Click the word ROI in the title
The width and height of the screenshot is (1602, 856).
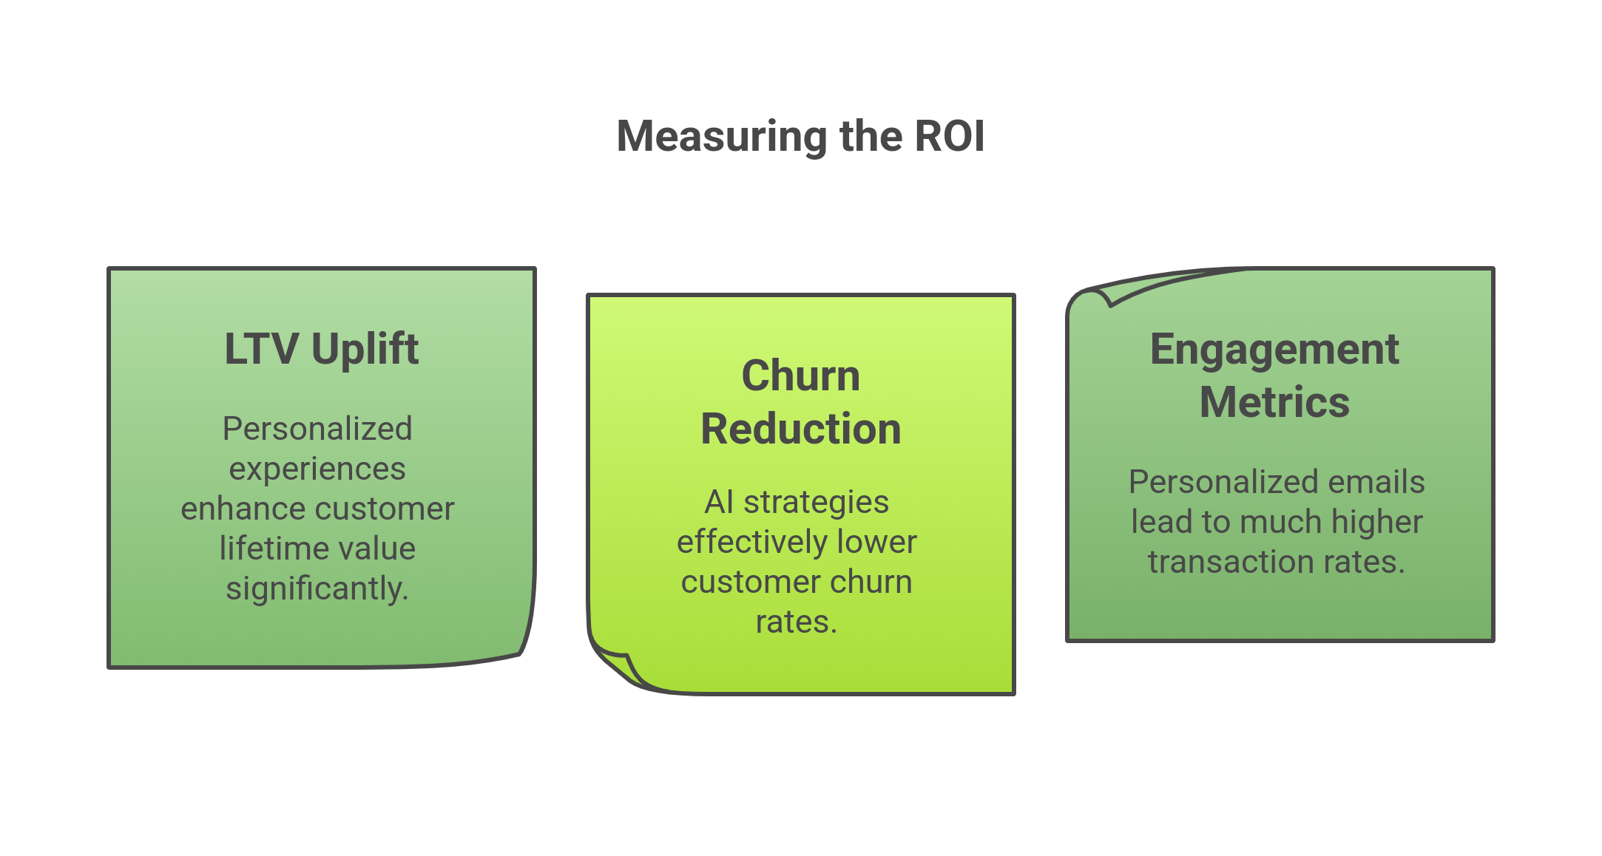coord(949,137)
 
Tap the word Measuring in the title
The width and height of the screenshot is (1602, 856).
coord(723,137)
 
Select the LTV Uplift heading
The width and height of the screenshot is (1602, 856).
coord(321,349)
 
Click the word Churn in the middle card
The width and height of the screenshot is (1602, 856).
coord(801,376)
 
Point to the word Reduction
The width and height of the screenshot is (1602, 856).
coord(801,429)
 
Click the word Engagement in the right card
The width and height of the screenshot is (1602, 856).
coord(1274,349)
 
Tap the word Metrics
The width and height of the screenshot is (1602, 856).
coord(1274,402)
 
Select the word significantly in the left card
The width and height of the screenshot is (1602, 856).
coord(317,588)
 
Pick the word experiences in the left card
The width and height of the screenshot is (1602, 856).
coord(317,469)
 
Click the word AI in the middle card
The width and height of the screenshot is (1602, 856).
coord(718,502)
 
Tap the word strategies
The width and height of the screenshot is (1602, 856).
coord(816,502)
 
